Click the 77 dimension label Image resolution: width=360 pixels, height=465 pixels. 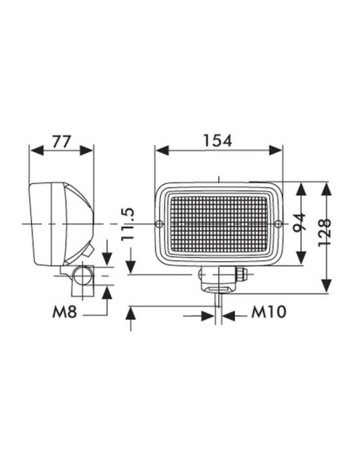[x=62, y=142]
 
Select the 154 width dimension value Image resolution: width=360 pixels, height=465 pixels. [x=217, y=141]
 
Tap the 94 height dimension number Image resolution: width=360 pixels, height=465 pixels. [x=299, y=222]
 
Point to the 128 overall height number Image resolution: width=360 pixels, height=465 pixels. [x=324, y=232]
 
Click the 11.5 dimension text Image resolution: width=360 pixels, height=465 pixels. [x=127, y=224]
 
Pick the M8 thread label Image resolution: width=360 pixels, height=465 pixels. [x=65, y=312]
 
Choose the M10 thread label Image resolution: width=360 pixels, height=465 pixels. [x=268, y=312]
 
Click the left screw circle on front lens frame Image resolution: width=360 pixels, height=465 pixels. [x=159, y=224]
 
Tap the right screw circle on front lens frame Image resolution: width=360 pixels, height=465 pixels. [x=278, y=224]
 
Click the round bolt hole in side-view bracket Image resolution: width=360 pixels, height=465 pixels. [x=83, y=275]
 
